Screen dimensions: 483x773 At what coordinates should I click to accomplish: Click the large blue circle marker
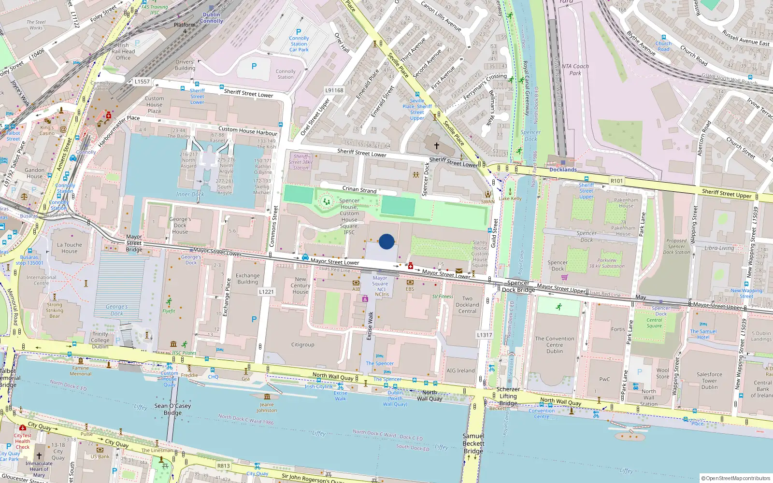(x=386, y=241)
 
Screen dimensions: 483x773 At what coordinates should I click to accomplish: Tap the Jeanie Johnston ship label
(x=267, y=407)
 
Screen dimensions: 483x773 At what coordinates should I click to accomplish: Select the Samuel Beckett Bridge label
(x=473, y=443)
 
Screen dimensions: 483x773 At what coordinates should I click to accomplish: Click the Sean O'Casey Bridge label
(x=172, y=409)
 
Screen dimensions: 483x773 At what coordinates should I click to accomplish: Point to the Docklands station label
(x=563, y=170)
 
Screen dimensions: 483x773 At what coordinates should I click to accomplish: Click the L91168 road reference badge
(x=334, y=90)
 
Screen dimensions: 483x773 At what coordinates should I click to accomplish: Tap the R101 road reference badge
(x=616, y=181)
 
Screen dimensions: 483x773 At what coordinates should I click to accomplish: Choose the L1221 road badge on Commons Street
(x=266, y=292)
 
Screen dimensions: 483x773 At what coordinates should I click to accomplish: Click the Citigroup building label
(x=302, y=345)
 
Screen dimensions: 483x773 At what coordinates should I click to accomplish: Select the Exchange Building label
(x=248, y=279)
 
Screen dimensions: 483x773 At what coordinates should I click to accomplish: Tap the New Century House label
(x=300, y=285)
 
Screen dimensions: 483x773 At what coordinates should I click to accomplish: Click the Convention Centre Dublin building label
(x=555, y=345)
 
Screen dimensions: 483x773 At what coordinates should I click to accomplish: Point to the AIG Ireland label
(x=460, y=371)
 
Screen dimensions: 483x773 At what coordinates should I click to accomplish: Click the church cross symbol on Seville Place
(x=436, y=145)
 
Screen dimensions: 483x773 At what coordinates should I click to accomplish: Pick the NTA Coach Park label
(x=575, y=70)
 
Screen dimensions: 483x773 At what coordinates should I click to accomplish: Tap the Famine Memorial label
(x=80, y=371)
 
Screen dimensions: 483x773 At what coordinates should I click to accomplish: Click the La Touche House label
(x=70, y=248)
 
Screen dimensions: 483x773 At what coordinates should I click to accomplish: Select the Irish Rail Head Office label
(x=123, y=51)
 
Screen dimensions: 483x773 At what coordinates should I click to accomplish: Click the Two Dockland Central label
(x=467, y=305)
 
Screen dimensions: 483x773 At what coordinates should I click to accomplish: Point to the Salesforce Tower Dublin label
(x=709, y=381)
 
